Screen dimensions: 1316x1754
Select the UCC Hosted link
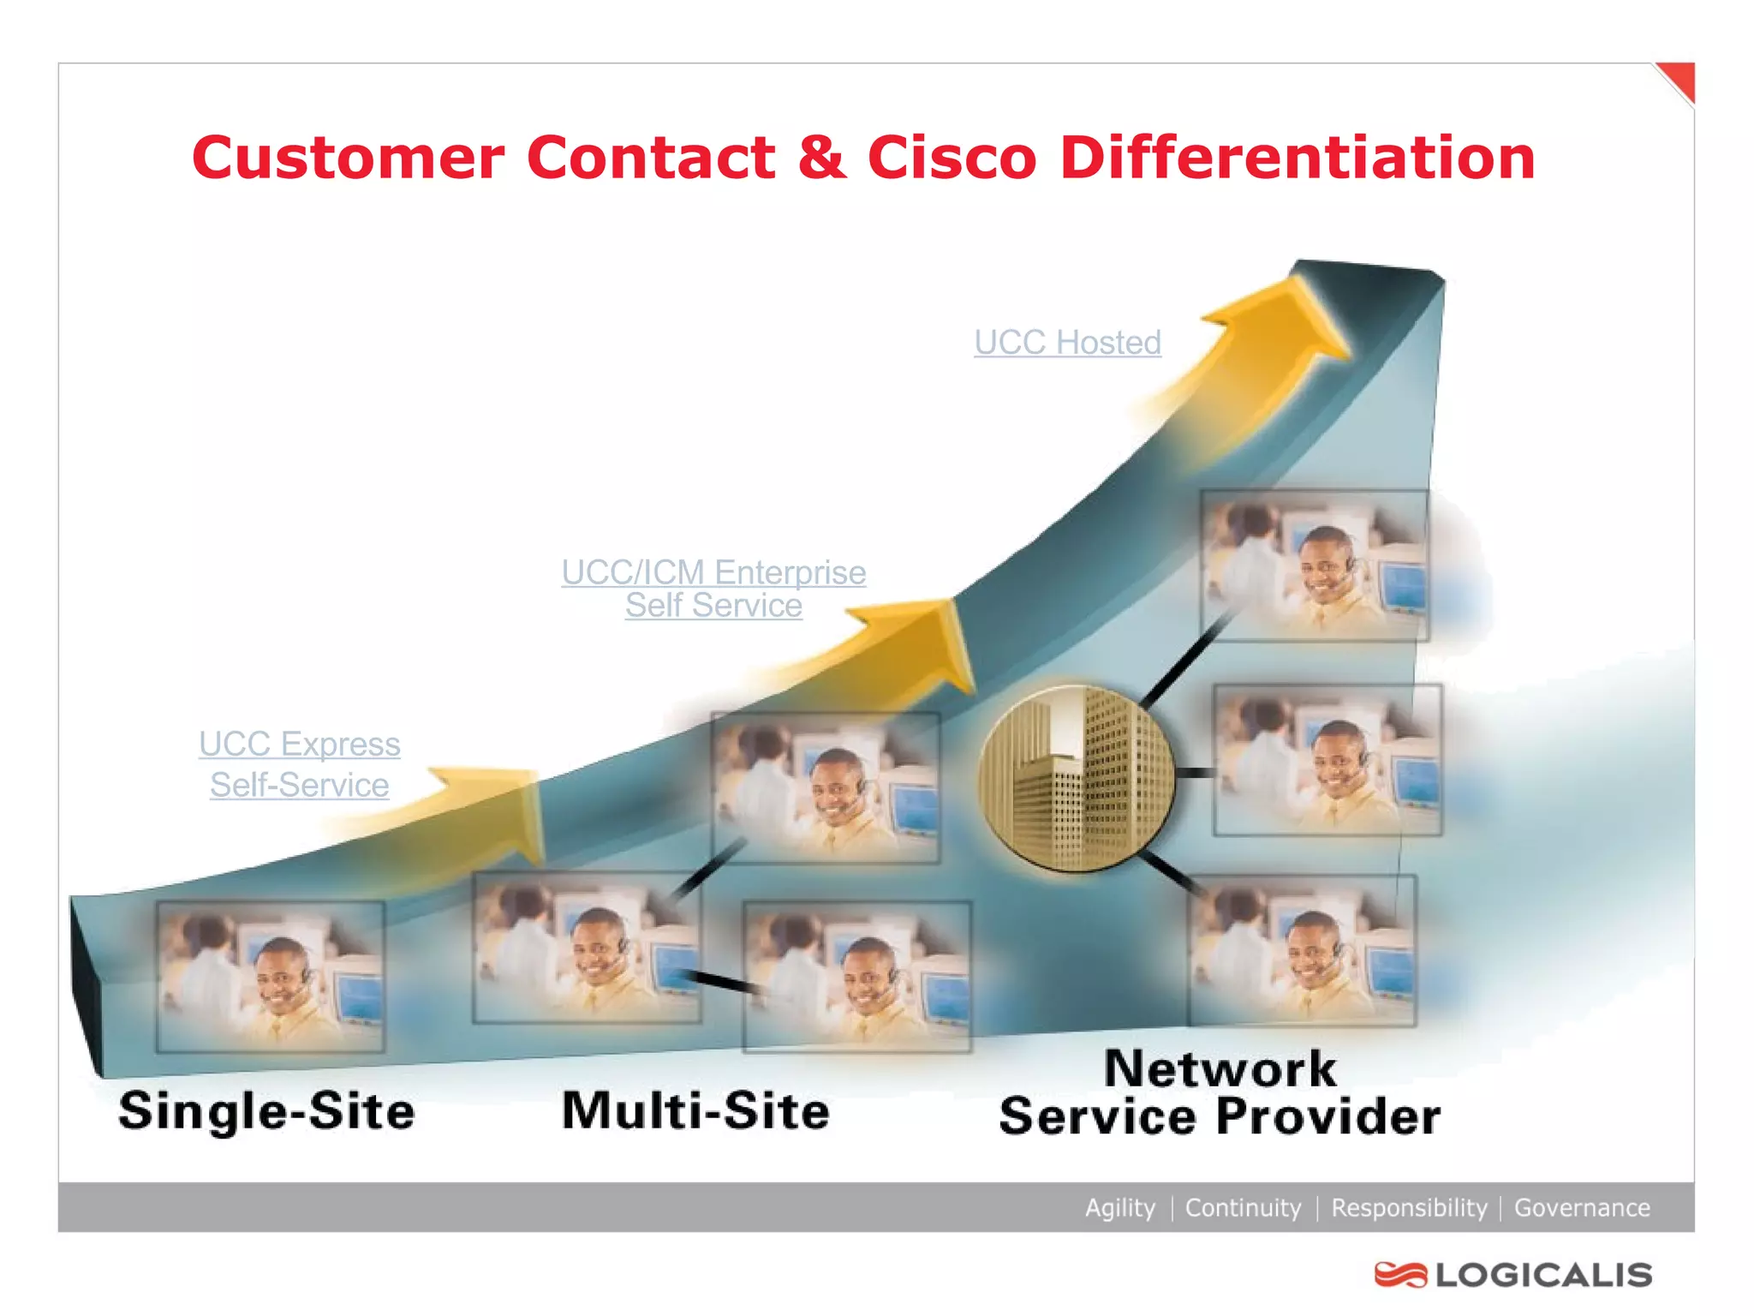point(1067,343)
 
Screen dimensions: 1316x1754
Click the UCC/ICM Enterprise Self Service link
point(713,589)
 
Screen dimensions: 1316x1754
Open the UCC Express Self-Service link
point(300,764)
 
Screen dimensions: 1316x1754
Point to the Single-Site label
point(266,1111)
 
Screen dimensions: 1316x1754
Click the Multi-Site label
point(695,1111)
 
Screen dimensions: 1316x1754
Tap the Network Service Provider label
point(1220,1093)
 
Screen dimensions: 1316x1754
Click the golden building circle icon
point(1077,778)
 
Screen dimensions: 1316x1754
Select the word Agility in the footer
point(1119,1207)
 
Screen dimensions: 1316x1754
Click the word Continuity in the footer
point(1243,1207)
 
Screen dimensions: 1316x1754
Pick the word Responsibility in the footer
point(1409,1207)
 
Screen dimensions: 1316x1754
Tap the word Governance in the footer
point(1582,1207)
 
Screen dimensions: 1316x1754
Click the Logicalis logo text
point(1543,1275)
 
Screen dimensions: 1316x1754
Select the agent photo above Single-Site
point(270,977)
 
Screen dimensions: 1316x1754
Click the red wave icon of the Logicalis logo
point(1400,1275)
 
